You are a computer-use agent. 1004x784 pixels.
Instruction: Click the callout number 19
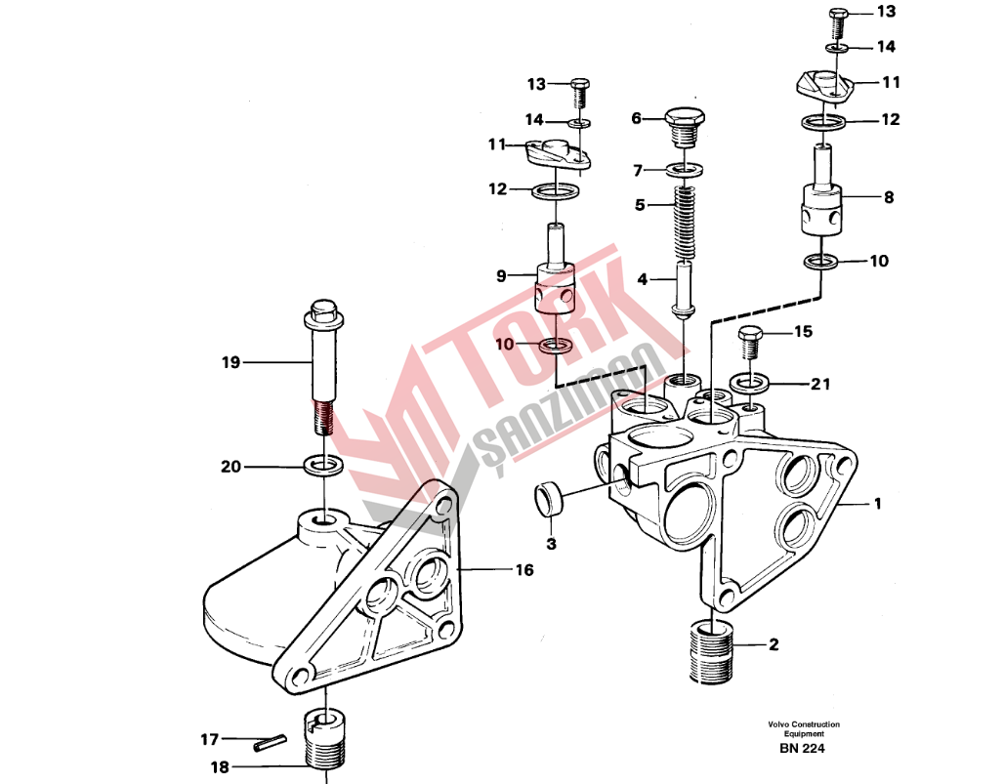(230, 363)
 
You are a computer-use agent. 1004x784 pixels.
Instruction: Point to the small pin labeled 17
(270, 744)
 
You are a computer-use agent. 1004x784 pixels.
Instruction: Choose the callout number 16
(524, 569)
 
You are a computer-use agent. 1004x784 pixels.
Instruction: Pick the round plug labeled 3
(548, 499)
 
